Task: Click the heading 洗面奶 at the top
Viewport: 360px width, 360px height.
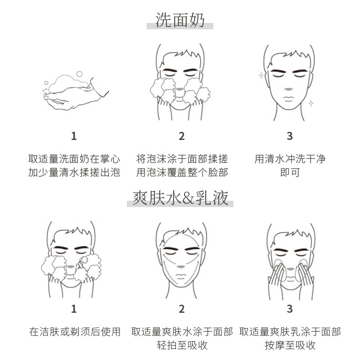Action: tap(180, 20)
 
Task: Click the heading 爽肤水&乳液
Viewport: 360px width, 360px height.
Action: tap(180, 198)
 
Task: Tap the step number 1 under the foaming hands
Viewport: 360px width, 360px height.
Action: tap(74, 136)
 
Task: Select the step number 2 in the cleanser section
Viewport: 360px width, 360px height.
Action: tap(181, 136)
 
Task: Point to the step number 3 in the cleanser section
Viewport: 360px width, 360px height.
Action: tap(289, 136)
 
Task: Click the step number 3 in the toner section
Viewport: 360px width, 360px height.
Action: tap(289, 309)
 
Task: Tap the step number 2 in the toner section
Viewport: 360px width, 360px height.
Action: tap(181, 309)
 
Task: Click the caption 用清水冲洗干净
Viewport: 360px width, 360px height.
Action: tap(290, 159)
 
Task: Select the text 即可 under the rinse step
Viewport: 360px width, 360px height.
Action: tap(290, 172)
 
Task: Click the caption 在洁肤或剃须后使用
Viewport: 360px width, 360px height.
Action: tap(75, 332)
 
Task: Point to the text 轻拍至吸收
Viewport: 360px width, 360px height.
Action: tap(182, 346)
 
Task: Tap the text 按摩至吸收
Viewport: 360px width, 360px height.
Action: tap(290, 346)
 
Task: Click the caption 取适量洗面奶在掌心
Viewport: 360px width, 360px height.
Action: tap(74, 159)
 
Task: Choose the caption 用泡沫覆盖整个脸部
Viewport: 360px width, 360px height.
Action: tap(182, 172)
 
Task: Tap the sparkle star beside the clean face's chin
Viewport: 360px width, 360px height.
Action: tap(310, 103)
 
